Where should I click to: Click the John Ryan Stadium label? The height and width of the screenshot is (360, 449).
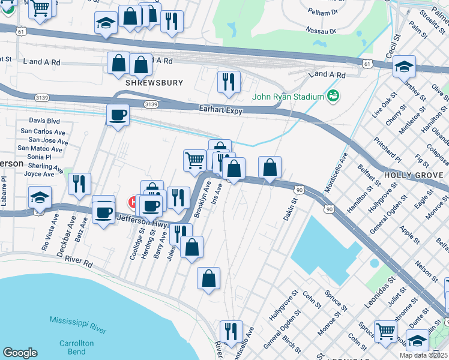tap(288, 97)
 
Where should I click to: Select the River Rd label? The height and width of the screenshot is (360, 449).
tap(79, 262)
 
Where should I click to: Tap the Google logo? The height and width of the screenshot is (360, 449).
tap(20, 353)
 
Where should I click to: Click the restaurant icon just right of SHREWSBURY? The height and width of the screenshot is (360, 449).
tap(228, 82)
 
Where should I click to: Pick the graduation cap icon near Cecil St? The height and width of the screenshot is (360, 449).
tap(405, 66)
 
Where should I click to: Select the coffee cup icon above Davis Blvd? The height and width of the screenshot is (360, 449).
tap(118, 114)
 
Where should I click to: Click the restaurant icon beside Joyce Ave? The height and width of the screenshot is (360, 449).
tap(79, 184)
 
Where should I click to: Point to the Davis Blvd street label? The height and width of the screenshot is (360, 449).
tap(45, 121)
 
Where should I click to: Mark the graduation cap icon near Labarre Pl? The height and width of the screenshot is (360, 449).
tap(40, 197)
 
